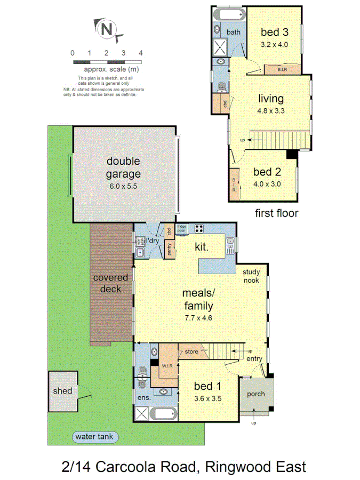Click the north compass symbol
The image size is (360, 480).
coord(108,29)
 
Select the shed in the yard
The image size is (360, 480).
coord(62,391)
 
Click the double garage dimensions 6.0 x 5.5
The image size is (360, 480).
coord(123,186)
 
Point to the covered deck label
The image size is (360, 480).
coord(110,283)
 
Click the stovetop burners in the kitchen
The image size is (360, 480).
coord(199,229)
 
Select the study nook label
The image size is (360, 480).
coord(251,276)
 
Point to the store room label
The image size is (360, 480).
coord(191,352)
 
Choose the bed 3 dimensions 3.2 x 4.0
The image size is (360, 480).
coord(274,45)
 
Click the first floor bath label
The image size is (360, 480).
coord(234,33)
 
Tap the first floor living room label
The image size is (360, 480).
coord(271,99)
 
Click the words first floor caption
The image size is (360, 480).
coord(277,213)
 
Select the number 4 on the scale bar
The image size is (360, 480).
coord(141,53)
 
